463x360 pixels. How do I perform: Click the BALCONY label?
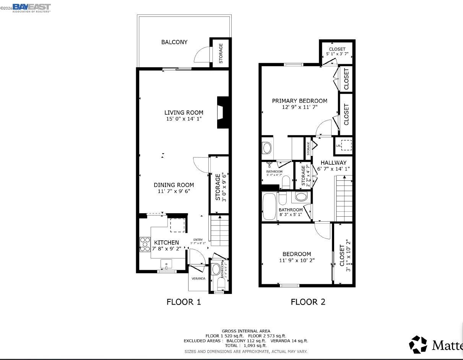[174, 42]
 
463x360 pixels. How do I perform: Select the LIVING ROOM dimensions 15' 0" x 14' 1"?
[184, 119]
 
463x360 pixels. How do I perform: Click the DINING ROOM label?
[174, 185]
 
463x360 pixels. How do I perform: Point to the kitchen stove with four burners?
[145, 245]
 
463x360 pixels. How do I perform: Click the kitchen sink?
[166, 264]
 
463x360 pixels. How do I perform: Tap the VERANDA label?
[198, 279]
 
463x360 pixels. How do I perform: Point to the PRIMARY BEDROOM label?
[299, 101]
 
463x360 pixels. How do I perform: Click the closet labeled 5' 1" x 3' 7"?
[337, 52]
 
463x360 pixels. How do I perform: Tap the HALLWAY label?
[333, 162]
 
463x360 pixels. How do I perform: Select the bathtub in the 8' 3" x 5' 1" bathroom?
[269, 206]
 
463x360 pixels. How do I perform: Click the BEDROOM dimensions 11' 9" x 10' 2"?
[297, 260]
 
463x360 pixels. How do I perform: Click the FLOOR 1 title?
[184, 302]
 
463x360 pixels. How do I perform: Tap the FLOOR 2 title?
[308, 302]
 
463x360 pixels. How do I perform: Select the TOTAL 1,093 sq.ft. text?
[246, 345]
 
